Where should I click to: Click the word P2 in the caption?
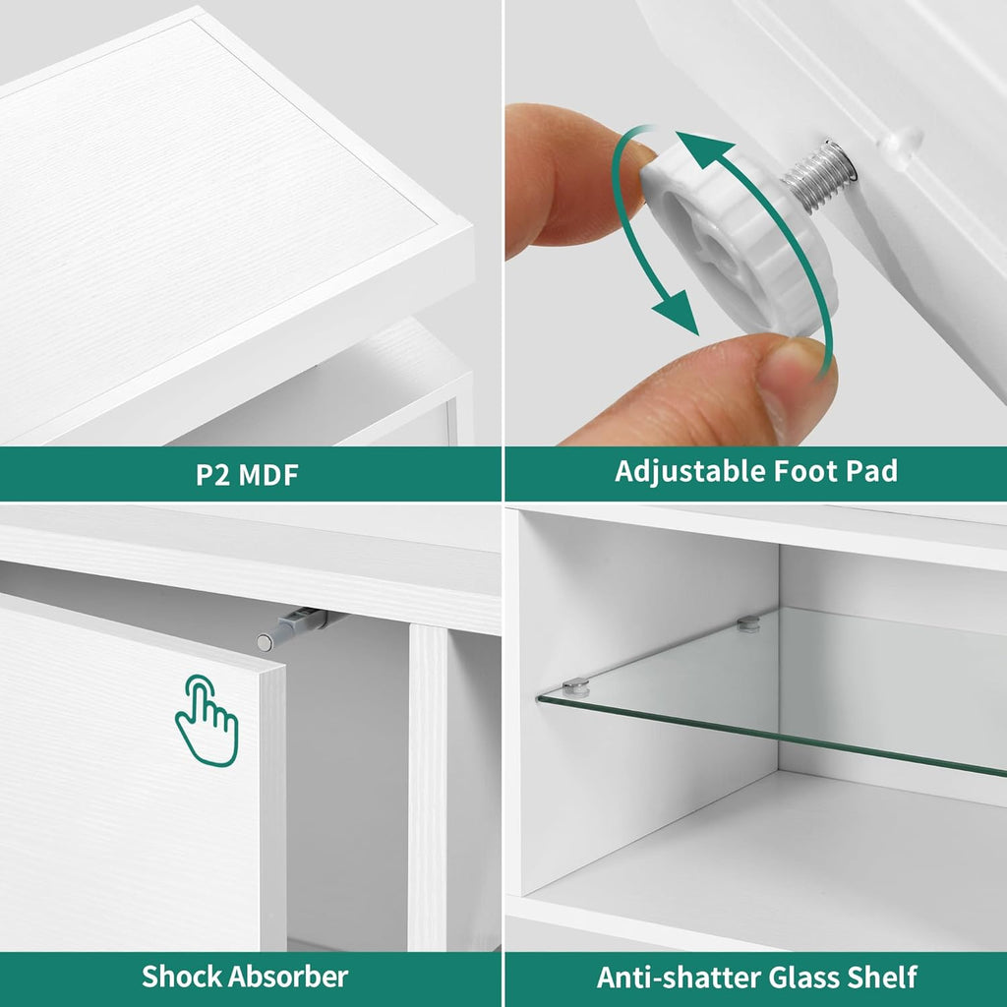(x=213, y=475)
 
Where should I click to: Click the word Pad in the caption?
(x=871, y=471)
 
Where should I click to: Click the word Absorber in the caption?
(x=288, y=977)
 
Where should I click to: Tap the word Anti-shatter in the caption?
(x=679, y=977)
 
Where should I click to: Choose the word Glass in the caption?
(x=804, y=977)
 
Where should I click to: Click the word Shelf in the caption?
(x=882, y=977)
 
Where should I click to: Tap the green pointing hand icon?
(x=207, y=720)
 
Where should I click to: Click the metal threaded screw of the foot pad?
(x=818, y=175)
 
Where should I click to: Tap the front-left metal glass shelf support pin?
(x=574, y=686)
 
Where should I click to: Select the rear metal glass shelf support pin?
(x=748, y=622)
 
